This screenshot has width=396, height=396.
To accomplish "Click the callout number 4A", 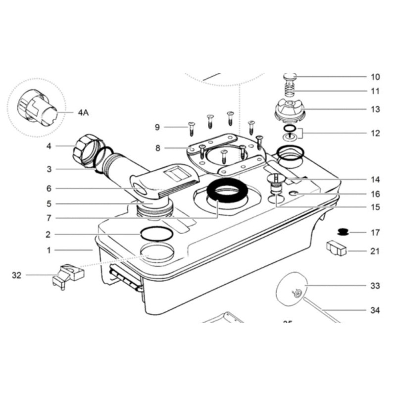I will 83,112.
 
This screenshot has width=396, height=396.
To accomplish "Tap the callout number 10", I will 375,77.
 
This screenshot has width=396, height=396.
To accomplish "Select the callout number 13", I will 375,109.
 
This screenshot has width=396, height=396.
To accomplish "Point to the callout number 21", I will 375,251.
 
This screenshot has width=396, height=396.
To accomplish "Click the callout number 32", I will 17,275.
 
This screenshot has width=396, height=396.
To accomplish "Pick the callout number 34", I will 375,310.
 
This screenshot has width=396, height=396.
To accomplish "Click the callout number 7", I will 49,218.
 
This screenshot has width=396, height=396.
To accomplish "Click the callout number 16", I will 375,195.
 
